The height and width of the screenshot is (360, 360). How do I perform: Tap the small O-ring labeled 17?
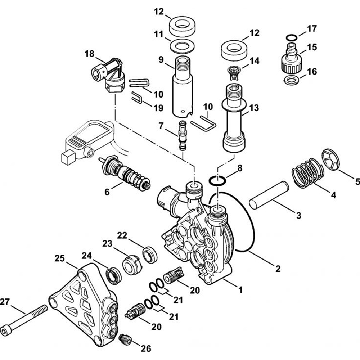click(x=292, y=37)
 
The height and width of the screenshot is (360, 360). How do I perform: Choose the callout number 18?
click(x=89, y=54)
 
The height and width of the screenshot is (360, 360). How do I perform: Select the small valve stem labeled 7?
click(x=183, y=136)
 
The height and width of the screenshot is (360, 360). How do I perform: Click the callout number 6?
click(x=107, y=192)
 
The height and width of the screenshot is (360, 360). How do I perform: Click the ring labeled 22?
click(x=150, y=254)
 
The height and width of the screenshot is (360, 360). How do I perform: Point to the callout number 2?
click(x=277, y=268)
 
